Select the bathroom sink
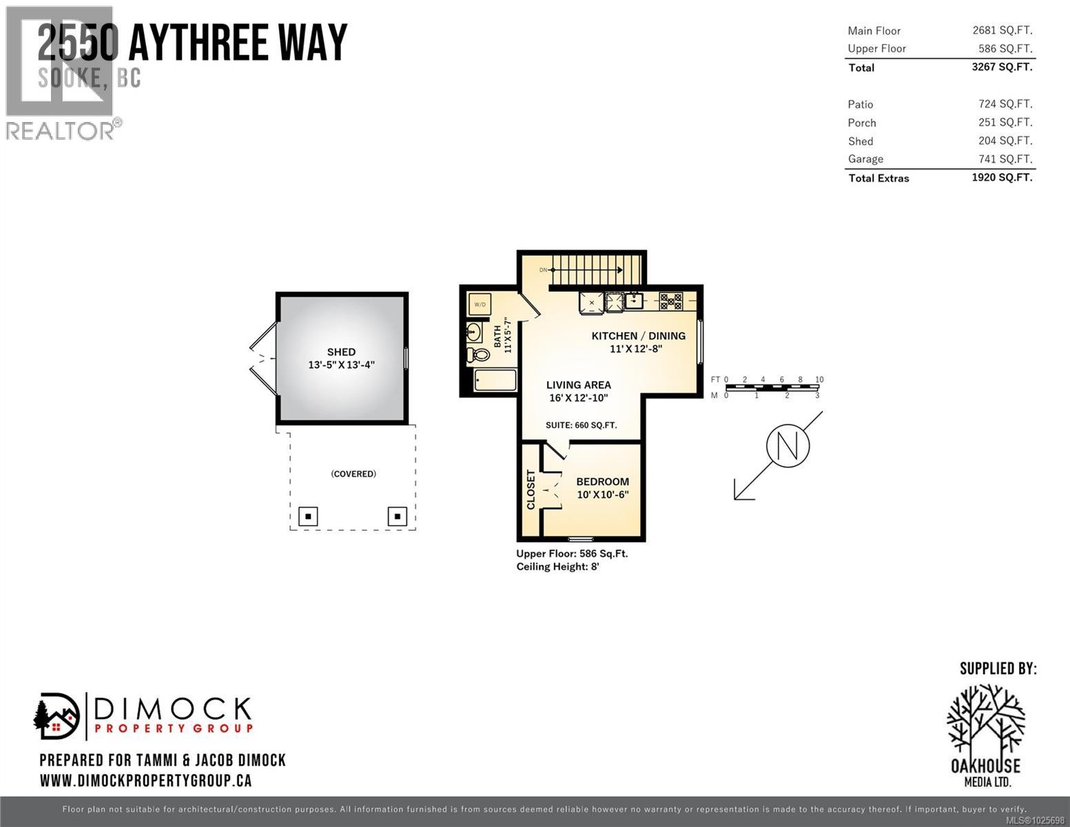[x=474, y=332]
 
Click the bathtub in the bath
[x=495, y=380]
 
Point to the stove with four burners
[x=670, y=301]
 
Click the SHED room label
[x=341, y=351]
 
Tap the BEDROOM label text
[x=602, y=482]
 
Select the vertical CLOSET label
[x=531, y=489]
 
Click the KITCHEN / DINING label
[x=638, y=336]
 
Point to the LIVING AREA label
[x=578, y=385]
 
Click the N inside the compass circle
[x=788, y=445]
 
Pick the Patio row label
[x=860, y=104]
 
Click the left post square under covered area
[x=308, y=516]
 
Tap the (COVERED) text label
[x=353, y=474]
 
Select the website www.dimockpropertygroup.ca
[x=145, y=781]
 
